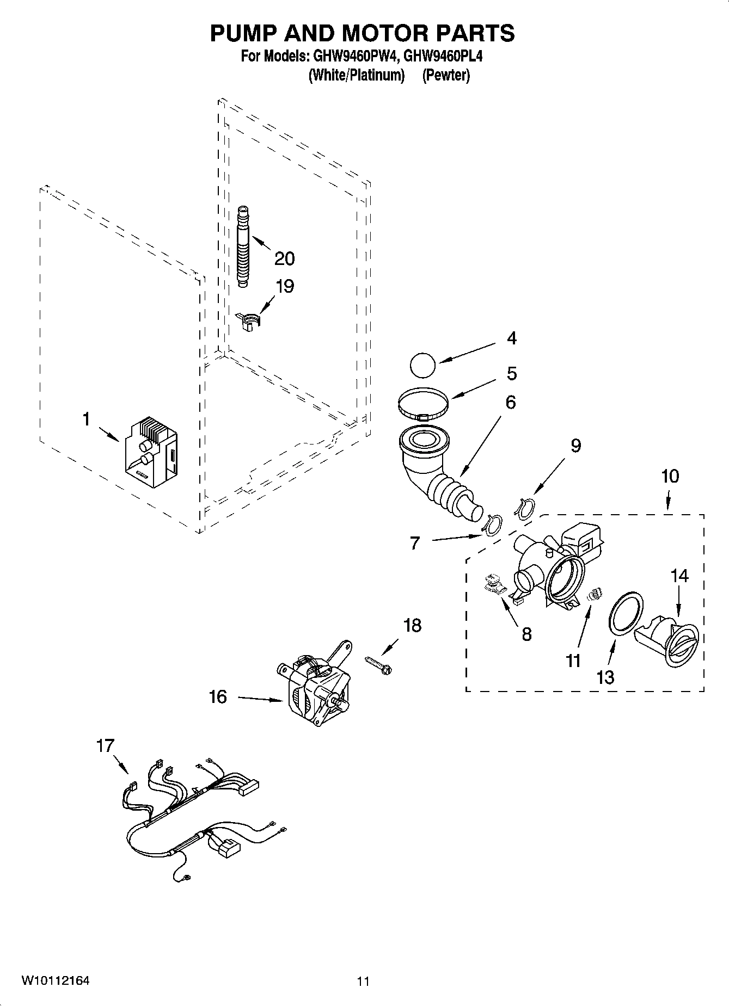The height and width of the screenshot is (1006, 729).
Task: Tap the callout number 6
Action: [510, 403]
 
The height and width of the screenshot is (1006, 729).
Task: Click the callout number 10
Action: [670, 476]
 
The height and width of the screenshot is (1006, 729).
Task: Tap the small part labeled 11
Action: [595, 595]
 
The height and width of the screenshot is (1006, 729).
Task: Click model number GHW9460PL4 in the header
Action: [443, 56]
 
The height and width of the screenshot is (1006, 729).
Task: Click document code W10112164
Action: [56, 981]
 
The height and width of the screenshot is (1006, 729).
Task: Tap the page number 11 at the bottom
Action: [363, 982]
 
